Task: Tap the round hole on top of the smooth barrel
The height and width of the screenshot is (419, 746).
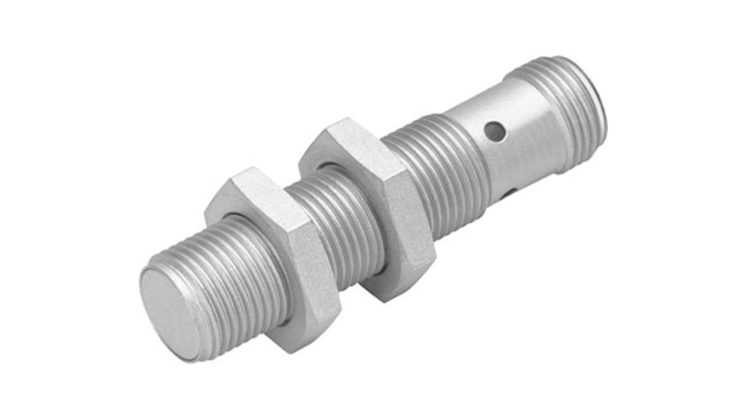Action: [x=495, y=132]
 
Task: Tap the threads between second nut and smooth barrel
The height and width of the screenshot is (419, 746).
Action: [x=441, y=173]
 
